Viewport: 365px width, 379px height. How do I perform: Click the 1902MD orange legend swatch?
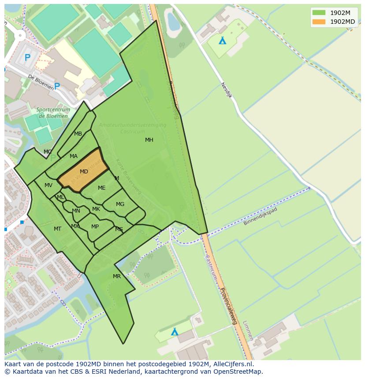[x=319, y=22]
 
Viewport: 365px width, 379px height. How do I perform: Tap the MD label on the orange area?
[x=84, y=172]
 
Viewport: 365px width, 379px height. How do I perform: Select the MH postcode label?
[x=149, y=140]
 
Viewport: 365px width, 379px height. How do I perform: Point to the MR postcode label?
[x=116, y=276]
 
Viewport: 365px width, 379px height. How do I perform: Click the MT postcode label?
[x=57, y=229]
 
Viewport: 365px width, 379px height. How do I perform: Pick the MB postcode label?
[x=78, y=134]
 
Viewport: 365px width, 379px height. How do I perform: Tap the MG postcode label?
[x=120, y=204]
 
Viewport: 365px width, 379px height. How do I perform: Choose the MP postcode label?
[x=95, y=227]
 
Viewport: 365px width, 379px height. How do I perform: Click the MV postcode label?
[x=48, y=185]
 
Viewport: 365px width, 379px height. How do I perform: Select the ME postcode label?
[x=101, y=188]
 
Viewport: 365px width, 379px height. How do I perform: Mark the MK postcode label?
[x=96, y=209]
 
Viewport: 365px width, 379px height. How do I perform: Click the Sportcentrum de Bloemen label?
[x=52, y=113]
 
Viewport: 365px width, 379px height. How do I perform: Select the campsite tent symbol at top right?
[x=223, y=40]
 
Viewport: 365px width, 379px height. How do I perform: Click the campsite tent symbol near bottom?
[x=175, y=331]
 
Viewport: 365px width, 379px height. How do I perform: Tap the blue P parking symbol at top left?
[x=27, y=57]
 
